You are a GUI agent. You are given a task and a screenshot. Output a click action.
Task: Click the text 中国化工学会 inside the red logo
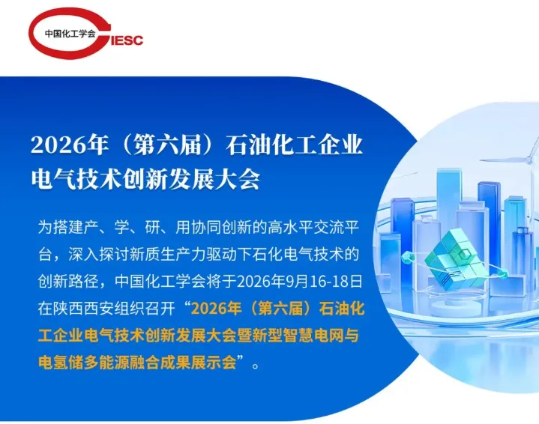click(70, 33)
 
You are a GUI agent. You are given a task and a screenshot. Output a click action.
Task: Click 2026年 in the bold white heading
click(69, 145)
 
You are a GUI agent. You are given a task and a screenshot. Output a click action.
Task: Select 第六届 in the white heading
click(167, 145)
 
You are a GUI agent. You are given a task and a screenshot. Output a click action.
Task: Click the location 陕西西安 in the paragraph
click(83, 309)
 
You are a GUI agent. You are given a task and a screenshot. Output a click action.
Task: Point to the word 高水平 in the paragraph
click(290, 227)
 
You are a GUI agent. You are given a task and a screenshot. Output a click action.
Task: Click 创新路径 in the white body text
click(68, 281)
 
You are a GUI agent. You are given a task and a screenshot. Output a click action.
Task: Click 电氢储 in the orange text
click(61, 363)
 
